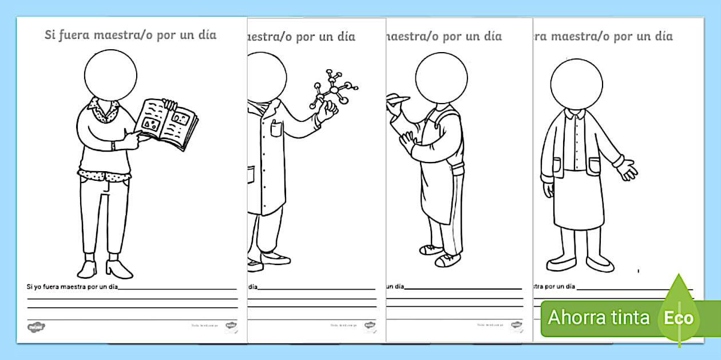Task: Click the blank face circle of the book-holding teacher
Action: (x=110, y=74)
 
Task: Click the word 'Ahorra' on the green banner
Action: (x=575, y=317)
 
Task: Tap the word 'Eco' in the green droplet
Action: (x=679, y=318)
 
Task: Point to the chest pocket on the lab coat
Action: (x=275, y=129)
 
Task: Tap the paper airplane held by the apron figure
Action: (x=398, y=98)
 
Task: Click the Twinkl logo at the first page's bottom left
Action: (x=36, y=326)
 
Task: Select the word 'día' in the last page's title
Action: (x=663, y=37)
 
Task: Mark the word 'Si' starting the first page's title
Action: (x=50, y=35)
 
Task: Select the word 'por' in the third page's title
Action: (x=453, y=37)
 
